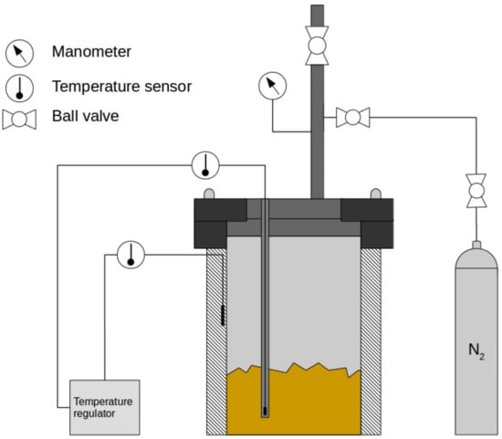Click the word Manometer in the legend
tap(91, 51)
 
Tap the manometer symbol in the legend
tap(19, 54)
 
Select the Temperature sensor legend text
tap(121, 87)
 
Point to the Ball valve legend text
tap(86, 116)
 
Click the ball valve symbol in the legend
tap(19, 120)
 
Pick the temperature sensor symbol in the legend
tap(19, 88)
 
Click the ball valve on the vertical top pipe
tap(317, 46)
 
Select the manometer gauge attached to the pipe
tap(273, 86)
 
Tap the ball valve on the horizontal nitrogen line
tap(353, 118)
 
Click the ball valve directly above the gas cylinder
tap(476, 191)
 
